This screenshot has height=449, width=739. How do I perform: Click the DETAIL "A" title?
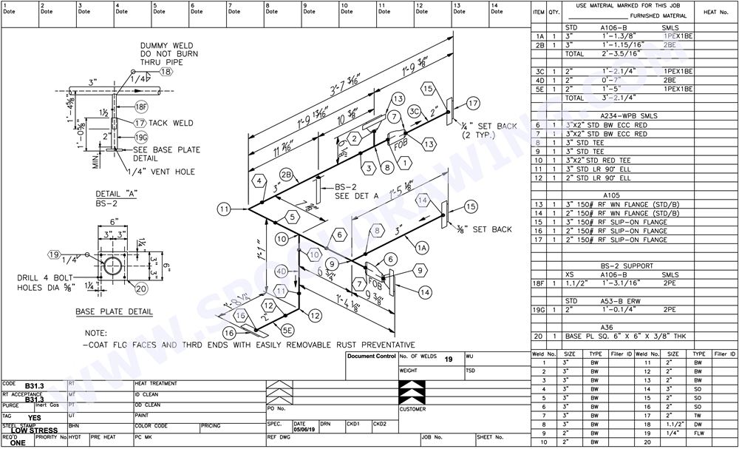[x=112, y=193]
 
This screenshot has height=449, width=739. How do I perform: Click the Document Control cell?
[x=371, y=356]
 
